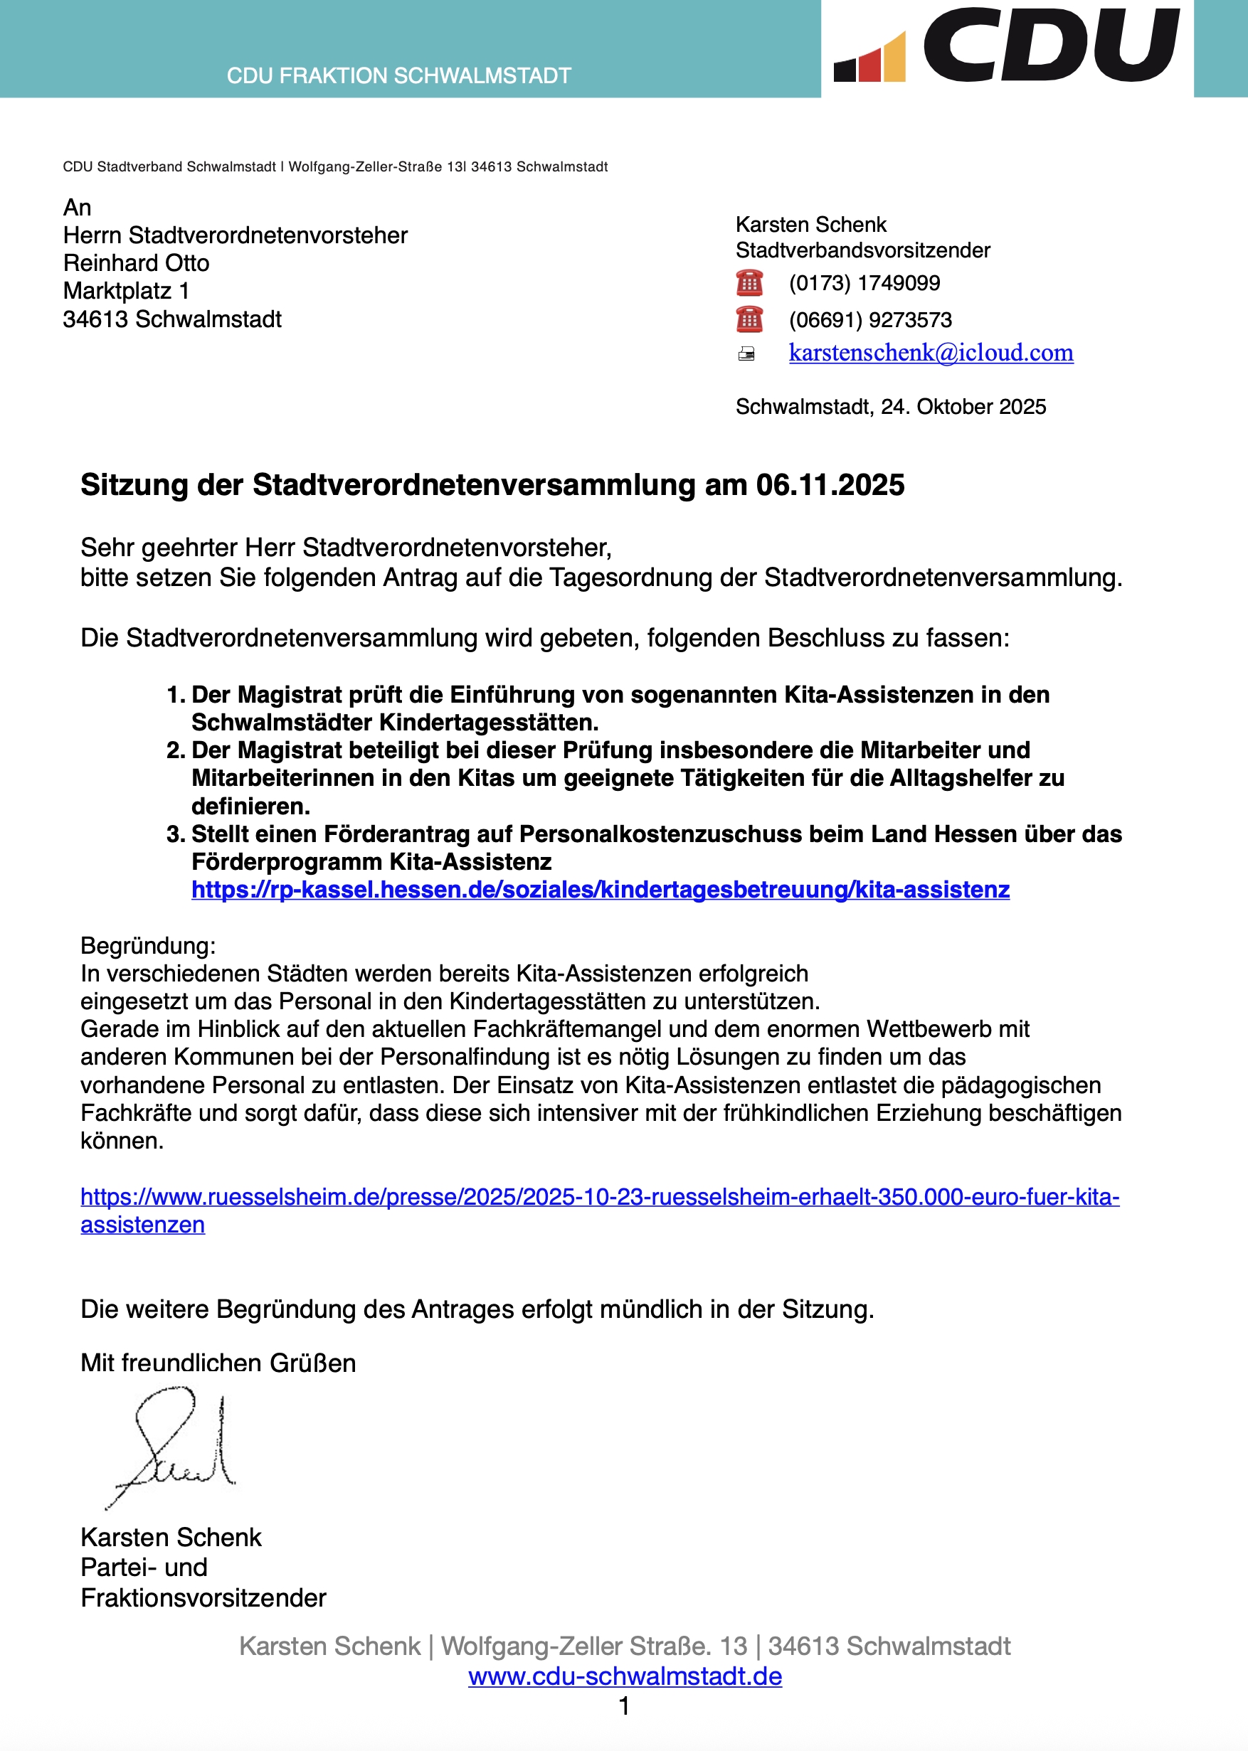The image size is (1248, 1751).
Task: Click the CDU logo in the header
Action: point(1007,46)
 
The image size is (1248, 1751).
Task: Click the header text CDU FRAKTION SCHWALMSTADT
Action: point(399,76)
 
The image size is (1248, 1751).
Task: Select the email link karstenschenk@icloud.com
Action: point(931,353)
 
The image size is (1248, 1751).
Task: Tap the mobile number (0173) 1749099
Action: point(864,283)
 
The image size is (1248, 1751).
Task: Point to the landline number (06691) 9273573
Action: point(870,319)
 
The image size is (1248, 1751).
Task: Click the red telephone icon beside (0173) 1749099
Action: point(749,282)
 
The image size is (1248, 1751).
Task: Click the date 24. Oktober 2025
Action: point(963,406)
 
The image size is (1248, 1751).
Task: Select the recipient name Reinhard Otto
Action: point(136,262)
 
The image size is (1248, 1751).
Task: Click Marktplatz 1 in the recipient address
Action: point(126,291)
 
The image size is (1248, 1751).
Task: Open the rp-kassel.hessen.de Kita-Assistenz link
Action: point(601,889)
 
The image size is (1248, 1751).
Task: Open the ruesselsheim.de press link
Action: point(599,1196)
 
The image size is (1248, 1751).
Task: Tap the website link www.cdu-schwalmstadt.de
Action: point(625,1676)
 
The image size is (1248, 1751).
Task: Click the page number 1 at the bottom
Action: point(625,1705)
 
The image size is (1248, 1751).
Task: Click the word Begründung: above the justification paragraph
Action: point(148,945)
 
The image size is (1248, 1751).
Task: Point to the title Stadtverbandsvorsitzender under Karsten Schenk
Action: point(862,250)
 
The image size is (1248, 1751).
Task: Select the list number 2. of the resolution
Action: point(176,750)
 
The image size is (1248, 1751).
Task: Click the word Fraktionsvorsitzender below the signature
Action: point(203,1597)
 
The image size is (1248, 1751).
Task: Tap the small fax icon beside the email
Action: point(746,354)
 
